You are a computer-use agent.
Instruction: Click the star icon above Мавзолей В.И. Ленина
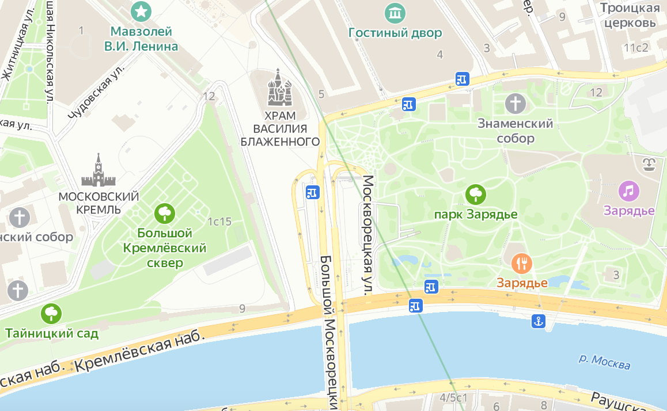pyautogui.click(x=141, y=10)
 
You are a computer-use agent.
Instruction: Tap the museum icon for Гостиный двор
pyautogui.click(x=395, y=12)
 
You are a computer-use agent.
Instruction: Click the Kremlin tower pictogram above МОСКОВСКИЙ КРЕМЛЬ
pyautogui.click(x=98, y=170)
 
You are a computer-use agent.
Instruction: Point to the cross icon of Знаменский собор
pyautogui.click(x=516, y=104)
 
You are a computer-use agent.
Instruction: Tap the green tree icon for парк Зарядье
pyautogui.click(x=475, y=195)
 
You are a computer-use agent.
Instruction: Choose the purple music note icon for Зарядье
pyautogui.click(x=628, y=191)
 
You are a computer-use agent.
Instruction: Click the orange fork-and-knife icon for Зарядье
pyautogui.click(x=522, y=264)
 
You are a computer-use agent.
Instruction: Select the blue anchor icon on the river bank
pyautogui.click(x=538, y=322)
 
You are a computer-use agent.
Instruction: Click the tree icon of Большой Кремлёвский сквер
pyautogui.click(x=165, y=214)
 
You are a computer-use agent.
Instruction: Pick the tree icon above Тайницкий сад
pyautogui.click(x=52, y=314)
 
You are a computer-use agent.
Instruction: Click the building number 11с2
pyautogui.click(x=636, y=48)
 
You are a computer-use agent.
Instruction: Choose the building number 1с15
pyautogui.click(x=219, y=222)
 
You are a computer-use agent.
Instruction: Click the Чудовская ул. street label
pyautogui.click(x=96, y=92)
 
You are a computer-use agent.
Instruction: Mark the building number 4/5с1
pyautogui.click(x=453, y=398)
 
